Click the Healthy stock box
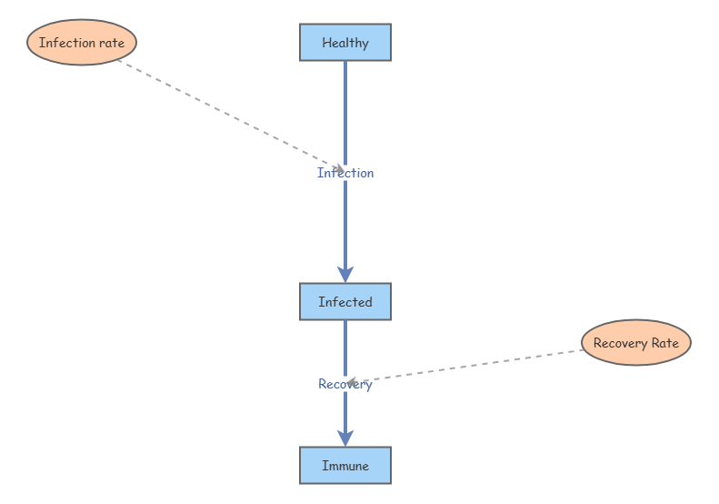(345, 42)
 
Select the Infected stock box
(345, 301)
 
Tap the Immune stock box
(345, 466)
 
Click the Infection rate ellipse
(82, 42)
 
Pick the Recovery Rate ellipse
(636, 342)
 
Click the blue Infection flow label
(345, 173)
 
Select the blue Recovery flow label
(345, 384)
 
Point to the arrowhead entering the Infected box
(345, 274)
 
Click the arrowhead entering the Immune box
(345, 438)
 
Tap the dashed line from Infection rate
(231, 115)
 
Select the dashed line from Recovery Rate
(464, 367)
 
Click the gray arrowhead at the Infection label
(340, 168)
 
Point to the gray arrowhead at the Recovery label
(352, 382)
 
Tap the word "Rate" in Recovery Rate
(665, 343)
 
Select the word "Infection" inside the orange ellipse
(67, 43)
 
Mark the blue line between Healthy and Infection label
(345, 114)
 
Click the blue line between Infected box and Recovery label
(345, 348)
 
